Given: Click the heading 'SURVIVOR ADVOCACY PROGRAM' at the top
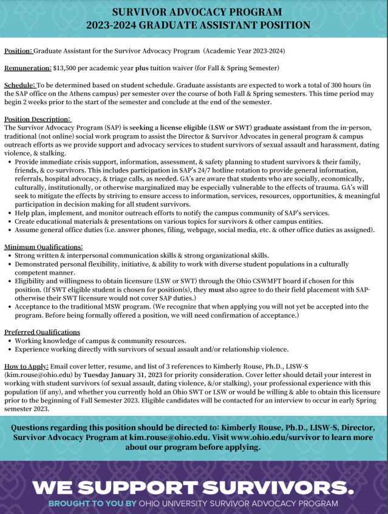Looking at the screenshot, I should [x=194, y=12].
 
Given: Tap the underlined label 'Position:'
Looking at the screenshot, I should [x=18, y=50].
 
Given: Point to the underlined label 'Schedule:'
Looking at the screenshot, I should [x=20, y=85].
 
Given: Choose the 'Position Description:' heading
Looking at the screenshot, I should [x=38, y=119].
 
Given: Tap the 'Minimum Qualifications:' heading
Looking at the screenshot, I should [x=43, y=247].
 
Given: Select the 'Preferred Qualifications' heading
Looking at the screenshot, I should [x=42, y=332].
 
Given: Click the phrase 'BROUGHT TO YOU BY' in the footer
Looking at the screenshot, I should [x=84, y=504].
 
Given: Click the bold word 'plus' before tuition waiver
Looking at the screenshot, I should [x=167, y=67].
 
